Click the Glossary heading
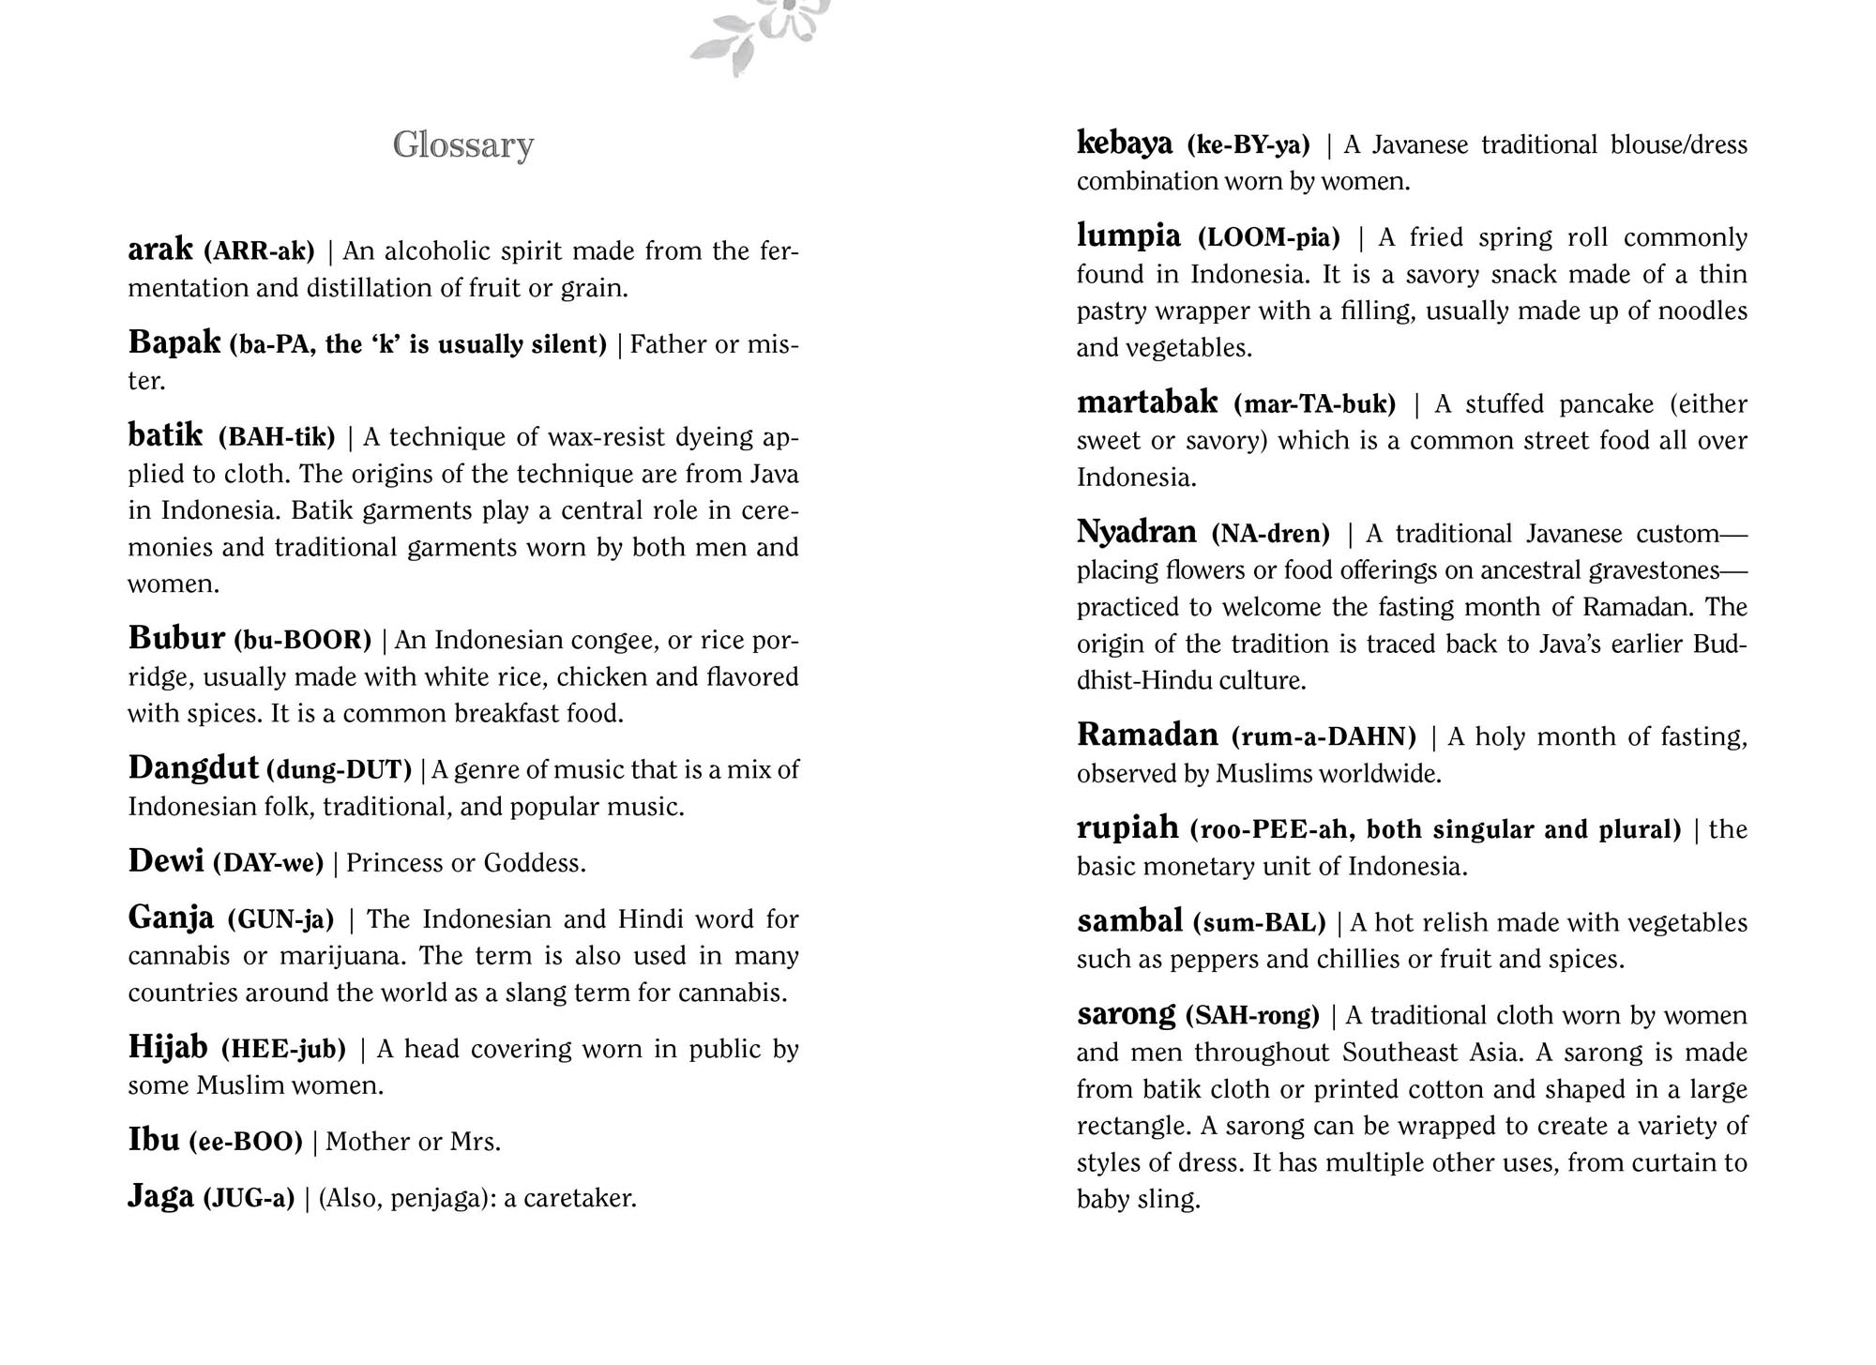(x=463, y=145)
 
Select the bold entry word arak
(x=160, y=250)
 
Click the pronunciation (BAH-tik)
(x=277, y=437)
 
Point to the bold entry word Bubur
(x=176, y=639)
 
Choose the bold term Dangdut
(x=193, y=768)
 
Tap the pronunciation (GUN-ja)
(x=280, y=919)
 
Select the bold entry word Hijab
(x=168, y=1047)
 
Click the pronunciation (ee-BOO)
(x=246, y=1142)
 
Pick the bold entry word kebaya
(x=1125, y=144)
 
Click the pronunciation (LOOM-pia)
(x=1269, y=237)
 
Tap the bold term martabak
(x=1147, y=403)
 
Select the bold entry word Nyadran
(x=1136, y=533)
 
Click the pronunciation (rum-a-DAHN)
(x=1324, y=736)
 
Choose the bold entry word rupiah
(x=1127, y=828)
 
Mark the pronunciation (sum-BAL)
(x=1259, y=923)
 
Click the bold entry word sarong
(x=1126, y=1015)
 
